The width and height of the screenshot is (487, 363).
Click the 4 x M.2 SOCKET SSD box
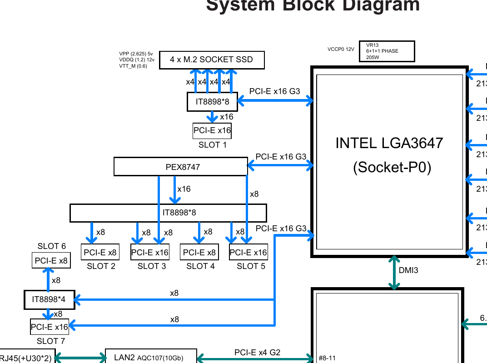click(212, 60)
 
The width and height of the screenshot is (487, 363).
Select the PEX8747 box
click(180, 167)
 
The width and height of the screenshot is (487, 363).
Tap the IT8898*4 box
click(49, 300)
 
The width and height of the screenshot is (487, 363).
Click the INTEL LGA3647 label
click(389, 143)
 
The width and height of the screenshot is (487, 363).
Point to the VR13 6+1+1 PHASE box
click(387, 51)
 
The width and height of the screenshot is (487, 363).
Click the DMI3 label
click(408, 271)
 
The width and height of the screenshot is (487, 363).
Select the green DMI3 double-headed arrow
click(394, 273)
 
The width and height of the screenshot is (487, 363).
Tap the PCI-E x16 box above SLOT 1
click(212, 131)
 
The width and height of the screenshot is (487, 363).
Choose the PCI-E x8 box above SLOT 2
click(100, 252)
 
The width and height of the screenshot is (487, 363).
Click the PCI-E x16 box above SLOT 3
click(149, 252)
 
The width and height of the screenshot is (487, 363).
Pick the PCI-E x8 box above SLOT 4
click(199, 252)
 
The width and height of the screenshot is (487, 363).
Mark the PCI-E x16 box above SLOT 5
click(248, 252)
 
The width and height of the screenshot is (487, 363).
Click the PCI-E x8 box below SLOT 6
click(51, 261)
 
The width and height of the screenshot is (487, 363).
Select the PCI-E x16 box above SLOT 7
click(49, 327)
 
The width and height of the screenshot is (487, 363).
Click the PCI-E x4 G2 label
click(257, 353)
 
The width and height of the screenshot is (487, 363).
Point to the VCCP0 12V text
click(340, 49)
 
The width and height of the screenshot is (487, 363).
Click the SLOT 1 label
click(212, 145)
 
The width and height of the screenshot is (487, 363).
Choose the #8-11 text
click(327, 358)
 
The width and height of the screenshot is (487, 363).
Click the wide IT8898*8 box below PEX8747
click(168, 213)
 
